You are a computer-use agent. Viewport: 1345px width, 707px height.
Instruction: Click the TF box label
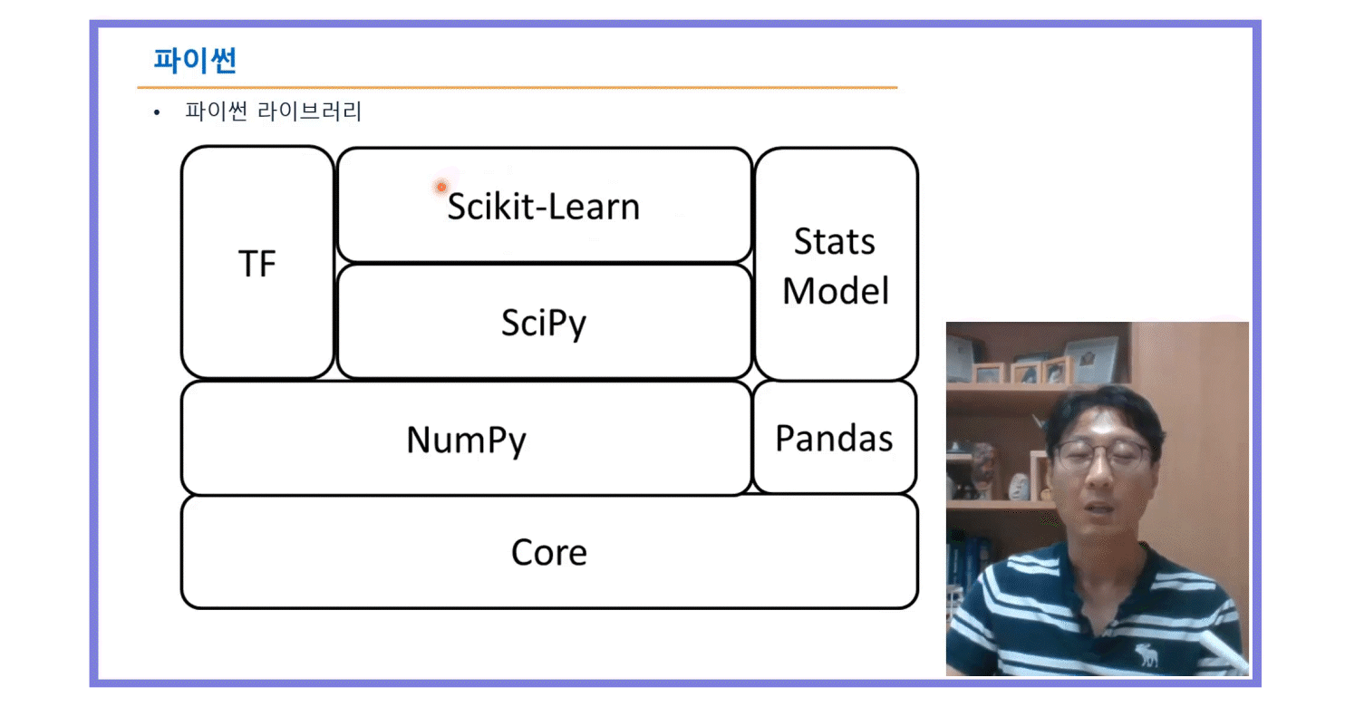257,265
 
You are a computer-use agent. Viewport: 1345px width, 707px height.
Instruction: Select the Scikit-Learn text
543,207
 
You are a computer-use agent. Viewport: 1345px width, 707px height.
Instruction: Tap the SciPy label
543,324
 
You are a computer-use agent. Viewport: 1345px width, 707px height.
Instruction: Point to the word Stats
835,242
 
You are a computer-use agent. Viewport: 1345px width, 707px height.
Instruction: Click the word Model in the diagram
836,292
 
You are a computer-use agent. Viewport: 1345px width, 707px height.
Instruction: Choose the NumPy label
466,441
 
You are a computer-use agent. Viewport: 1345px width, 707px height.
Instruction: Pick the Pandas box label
834,439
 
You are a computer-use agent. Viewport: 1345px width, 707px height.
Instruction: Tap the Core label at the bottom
548,552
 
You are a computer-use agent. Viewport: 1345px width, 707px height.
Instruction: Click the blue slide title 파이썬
195,61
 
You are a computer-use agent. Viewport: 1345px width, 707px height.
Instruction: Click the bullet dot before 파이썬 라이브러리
157,113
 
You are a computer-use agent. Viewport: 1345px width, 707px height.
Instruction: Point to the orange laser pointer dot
441,187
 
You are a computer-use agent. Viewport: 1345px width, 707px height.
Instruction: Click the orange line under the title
517,88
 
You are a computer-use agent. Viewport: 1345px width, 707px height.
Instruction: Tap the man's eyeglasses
1102,453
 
